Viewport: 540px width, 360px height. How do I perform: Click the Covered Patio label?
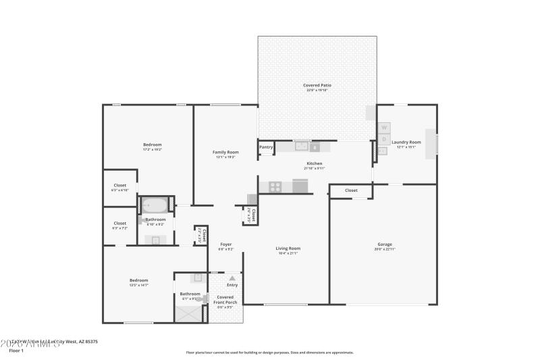(x=317, y=85)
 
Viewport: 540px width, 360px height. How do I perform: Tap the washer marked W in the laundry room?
(x=383, y=127)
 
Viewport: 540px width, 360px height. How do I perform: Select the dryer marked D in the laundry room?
(x=383, y=139)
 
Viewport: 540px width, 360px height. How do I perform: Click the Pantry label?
(x=266, y=147)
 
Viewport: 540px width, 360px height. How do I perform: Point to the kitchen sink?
(x=301, y=146)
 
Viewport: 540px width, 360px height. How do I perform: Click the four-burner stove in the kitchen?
(x=275, y=186)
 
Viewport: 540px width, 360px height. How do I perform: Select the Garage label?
(x=385, y=244)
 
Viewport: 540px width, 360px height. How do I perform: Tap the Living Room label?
(x=288, y=248)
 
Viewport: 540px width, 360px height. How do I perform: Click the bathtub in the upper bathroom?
(x=155, y=205)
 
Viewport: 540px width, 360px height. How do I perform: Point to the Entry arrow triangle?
(x=232, y=278)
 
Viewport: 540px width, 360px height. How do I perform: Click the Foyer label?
(x=225, y=244)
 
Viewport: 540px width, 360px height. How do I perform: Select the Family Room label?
(x=225, y=152)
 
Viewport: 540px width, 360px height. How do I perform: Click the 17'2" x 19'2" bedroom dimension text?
(x=152, y=149)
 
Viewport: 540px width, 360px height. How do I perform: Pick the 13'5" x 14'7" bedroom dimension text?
(x=138, y=285)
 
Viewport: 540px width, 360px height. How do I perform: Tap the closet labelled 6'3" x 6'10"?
(x=119, y=187)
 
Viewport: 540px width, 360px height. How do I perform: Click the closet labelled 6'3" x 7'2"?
(x=119, y=225)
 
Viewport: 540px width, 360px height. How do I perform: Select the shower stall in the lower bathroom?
(x=188, y=313)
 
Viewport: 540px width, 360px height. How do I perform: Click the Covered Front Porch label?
(x=225, y=299)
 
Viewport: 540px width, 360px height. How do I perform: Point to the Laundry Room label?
(x=410, y=142)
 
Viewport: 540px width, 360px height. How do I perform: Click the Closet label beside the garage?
(x=351, y=190)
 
